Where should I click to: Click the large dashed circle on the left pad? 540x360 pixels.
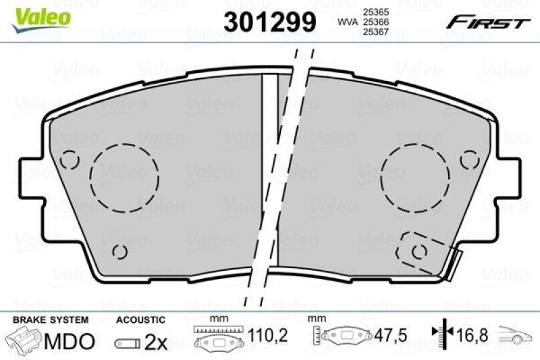[124, 175]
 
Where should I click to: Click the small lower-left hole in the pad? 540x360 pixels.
[119, 251]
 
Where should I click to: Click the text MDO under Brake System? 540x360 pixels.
[69, 342]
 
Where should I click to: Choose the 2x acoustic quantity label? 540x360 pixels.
[156, 342]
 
